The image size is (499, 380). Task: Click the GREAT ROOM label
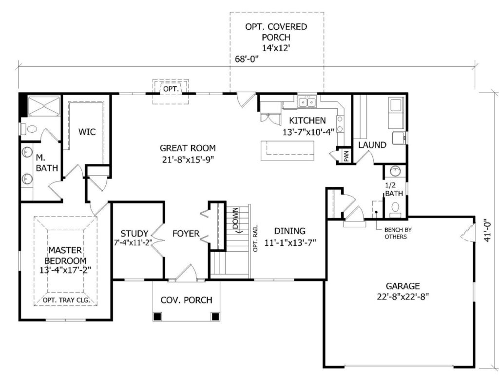(188, 148)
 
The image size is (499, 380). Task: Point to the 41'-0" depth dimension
(487, 230)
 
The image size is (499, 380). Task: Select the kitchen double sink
(307, 102)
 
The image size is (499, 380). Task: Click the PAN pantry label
(346, 156)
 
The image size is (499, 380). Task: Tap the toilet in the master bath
(29, 129)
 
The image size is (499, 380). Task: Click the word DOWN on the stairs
(235, 218)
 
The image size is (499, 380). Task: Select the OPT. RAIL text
(255, 239)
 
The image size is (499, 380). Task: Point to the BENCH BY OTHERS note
(395, 233)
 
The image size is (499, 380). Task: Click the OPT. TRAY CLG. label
(66, 300)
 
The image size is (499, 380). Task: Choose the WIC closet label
(87, 132)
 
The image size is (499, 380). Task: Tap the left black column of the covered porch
(157, 317)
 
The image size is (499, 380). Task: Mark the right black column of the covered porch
(215, 317)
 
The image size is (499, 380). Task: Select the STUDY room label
(134, 234)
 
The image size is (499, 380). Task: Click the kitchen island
(288, 150)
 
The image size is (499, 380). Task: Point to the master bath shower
(43, 106)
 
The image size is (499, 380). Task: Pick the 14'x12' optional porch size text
(276, 48)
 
